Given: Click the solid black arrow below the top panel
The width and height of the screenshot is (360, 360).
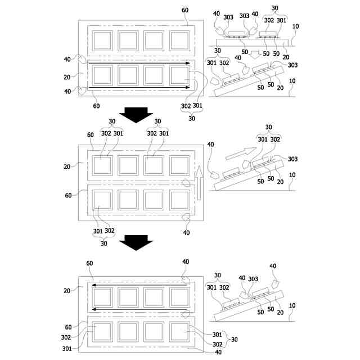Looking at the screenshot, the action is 137,114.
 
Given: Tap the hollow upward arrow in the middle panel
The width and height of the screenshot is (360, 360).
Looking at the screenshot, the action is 199,182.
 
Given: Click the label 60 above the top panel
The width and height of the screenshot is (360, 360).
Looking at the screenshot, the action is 185,10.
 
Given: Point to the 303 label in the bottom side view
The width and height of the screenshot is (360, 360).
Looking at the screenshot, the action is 254,279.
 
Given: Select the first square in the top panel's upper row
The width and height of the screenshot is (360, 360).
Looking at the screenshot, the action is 103,40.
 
